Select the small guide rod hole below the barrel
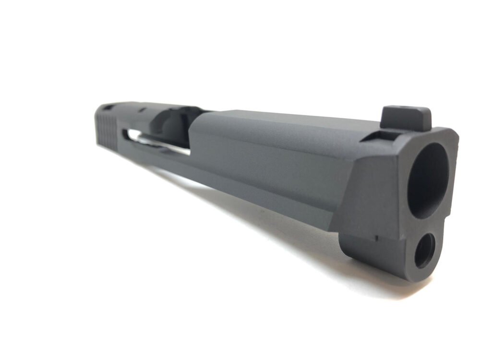424,250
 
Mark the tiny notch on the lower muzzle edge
376,237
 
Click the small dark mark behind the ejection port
143,111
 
